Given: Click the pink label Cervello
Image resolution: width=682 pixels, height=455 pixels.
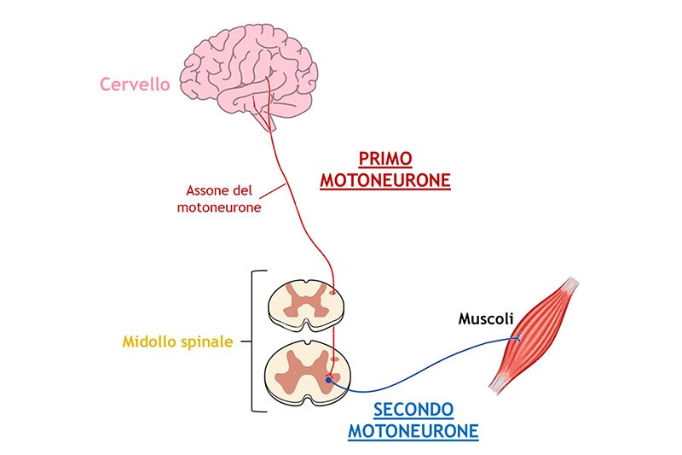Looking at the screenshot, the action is click(135, 84).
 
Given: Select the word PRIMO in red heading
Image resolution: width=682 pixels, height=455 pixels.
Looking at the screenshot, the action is click(385, 159).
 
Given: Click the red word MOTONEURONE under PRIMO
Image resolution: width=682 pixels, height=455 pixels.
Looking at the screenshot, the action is click(385, 180).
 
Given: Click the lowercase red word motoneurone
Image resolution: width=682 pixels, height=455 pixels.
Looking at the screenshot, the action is click(219, 207).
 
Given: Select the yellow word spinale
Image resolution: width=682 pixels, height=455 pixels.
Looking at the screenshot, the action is click(207, 342).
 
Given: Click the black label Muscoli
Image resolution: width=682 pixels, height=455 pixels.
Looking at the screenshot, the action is click(486, 318).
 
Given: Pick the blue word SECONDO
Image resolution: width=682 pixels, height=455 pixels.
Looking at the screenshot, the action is click(413, 410).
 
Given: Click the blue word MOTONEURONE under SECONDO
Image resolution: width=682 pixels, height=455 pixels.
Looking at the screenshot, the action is click(413, 431).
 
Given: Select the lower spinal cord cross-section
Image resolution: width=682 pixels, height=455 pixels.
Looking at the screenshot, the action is click(308, 374).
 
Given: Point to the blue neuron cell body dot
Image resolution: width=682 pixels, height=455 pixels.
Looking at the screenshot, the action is click(329, 380).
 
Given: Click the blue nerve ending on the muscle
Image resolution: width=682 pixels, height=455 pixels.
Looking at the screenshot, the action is click(517, 337).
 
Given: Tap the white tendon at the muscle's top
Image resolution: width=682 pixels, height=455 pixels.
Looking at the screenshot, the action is click(569, 287).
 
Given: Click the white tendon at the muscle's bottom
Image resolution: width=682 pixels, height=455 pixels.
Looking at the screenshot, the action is click(499, 384).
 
